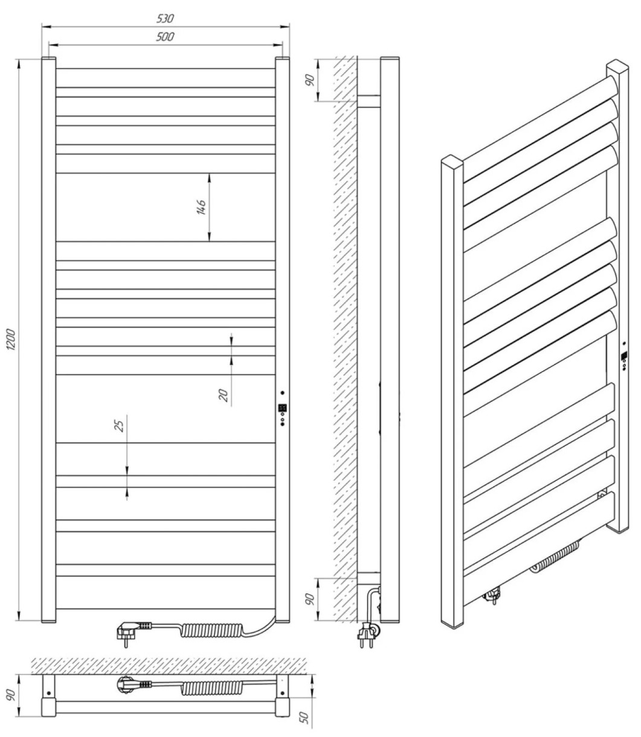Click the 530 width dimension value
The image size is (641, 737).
coord(165,18)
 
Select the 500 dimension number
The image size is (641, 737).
coord(165,36)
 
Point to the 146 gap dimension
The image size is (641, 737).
coord(201,207)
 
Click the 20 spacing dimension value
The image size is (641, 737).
coord(224,395)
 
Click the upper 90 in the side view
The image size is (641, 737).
coord(311,80)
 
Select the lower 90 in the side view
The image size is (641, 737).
coord(311,599)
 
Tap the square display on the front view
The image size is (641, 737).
coord(282,408)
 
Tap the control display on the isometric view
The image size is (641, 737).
coord(624,356)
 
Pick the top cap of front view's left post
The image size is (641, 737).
coord(48,57)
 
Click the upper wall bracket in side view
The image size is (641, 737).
coord(369,101)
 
